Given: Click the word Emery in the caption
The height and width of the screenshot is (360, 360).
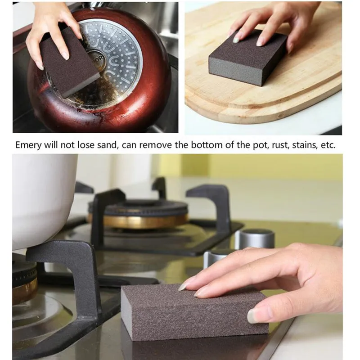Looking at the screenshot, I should coord(27,146).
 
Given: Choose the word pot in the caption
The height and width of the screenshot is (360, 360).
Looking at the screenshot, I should coord(248,146).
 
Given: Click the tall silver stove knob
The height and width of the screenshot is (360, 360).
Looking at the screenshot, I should coord(255,238).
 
